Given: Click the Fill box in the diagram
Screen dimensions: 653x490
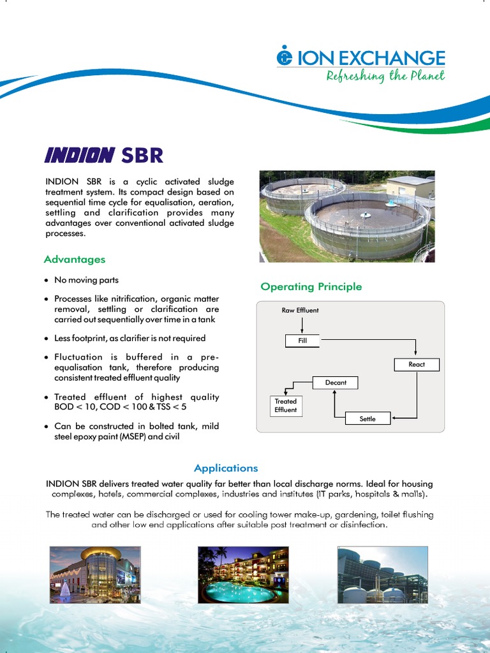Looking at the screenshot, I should tap(302, 341).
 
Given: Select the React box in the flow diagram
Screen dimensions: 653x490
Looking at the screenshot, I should tap(416, 365).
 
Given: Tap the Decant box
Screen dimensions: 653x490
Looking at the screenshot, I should tap(336, 383).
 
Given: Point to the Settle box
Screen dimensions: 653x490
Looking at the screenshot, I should tap(367, 419).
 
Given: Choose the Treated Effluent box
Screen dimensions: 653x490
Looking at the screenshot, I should tap(285, 406).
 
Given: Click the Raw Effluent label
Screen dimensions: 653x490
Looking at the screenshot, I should tap(300, 311).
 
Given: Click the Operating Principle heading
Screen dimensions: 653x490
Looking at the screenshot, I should tap(311, 287).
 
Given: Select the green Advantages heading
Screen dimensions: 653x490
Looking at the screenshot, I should tap(75, 260).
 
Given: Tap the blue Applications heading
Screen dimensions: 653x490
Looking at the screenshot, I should tap(226, 468).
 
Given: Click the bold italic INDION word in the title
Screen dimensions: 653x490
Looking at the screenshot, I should tap(79, 155).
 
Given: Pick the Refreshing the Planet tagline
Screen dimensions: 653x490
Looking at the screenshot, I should tap(385, 77).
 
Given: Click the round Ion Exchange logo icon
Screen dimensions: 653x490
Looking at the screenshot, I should tap(284, 57).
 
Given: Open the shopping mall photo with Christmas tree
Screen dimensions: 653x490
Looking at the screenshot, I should tap(95, 575).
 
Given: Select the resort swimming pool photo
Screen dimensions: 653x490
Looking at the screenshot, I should tap(243, 575).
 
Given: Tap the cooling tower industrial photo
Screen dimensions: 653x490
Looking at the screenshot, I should tap(382, 575).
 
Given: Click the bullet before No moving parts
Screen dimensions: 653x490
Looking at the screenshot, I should tap(47, 281).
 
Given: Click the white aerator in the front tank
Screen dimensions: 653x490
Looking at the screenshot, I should tap(366, 216).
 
